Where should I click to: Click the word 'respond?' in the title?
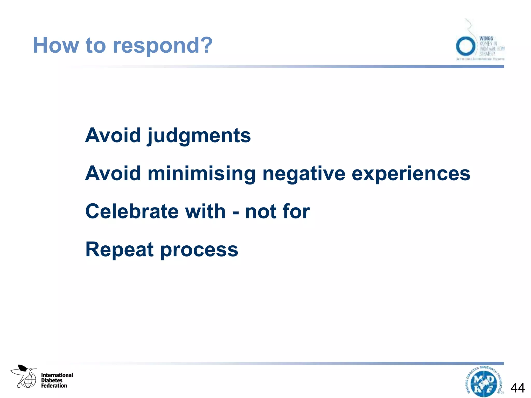point(163,45)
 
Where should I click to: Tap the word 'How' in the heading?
point(56,45)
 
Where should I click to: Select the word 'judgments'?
point(199,136)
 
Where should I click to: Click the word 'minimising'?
point(202,174)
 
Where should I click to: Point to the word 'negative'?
point(304,174)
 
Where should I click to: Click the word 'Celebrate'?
point(132,211)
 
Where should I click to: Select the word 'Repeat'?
point(120,250)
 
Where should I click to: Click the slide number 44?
point(518,388)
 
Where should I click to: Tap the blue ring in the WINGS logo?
point(466,46)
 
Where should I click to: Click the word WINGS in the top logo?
point(486,38)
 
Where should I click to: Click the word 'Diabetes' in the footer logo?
point(52,380)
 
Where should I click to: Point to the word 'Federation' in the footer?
point(54,386)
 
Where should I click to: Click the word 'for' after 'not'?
point(296,211)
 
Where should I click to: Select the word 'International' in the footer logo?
point(57,375)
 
